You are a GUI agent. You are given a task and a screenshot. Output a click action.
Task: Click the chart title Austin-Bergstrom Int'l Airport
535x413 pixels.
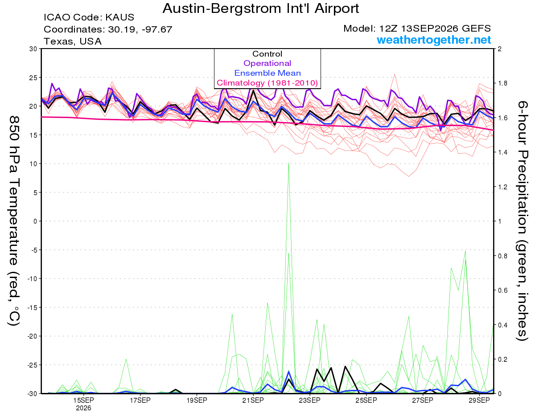(x=261, y=8)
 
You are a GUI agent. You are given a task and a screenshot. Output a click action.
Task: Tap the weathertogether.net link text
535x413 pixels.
(x=434, y=40)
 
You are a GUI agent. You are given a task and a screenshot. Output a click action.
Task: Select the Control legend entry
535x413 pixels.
(x=267, y=53)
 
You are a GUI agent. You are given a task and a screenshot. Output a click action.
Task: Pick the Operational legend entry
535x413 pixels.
(x=267, y=63)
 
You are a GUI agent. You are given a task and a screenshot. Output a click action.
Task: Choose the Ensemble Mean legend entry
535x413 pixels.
(x=267, y=73)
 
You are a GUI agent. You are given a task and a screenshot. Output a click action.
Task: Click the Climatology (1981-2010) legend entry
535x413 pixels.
(x=267, y=83)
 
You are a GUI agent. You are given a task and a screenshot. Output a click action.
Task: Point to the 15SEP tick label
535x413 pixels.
(x=83, y=400)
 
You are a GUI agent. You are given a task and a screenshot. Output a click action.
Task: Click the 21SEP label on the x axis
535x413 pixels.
(x=253, y=400)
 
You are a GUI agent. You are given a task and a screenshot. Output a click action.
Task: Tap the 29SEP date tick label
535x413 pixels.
(x=479, y=400)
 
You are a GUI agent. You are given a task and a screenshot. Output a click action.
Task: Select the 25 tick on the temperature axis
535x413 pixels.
(x=33, y=78)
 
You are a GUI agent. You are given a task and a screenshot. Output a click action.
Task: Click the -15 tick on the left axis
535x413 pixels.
(x=32, y=307)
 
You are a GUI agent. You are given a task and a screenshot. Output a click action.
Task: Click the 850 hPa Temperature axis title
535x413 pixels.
(x=14, y=221)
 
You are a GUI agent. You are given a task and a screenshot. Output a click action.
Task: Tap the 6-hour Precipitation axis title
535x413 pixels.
(x=522, y=221)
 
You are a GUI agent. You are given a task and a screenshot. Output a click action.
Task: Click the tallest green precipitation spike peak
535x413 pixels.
(x=288, y=163)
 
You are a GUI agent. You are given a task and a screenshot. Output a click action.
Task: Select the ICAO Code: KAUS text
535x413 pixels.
(x=89, y=17)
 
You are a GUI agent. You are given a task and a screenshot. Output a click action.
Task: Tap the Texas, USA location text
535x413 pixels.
(x=73, y=41)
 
